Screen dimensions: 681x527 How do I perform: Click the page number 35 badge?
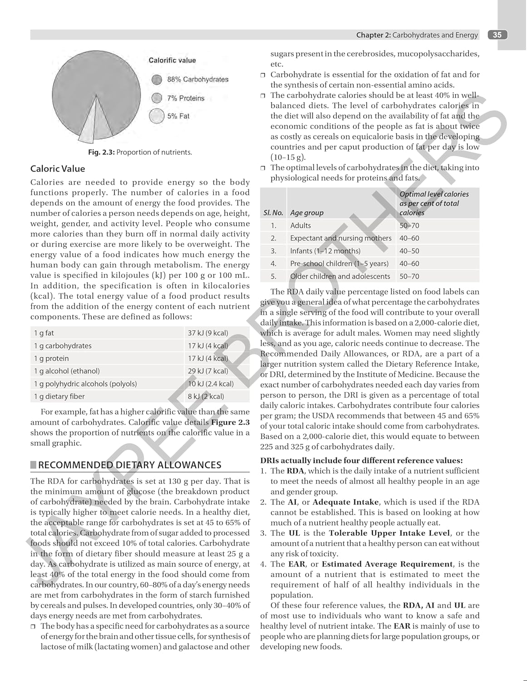click(497, 35)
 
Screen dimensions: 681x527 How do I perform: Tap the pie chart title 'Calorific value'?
click(172, 60)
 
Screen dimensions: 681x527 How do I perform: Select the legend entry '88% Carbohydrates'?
click(197, 79)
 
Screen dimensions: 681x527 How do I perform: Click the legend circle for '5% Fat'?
click(157, 116)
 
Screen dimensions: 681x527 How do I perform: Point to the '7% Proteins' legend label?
click(186, 98)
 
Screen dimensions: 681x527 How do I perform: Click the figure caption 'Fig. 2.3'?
click(101, 152)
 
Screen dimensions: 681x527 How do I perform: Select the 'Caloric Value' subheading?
click(58, 169)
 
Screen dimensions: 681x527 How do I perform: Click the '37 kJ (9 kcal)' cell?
click(208, 333)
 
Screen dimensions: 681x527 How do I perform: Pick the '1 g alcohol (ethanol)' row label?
click(67, 371)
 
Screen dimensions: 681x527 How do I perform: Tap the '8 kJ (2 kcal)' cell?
click(206, 396)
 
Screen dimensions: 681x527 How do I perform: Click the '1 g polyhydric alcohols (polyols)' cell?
click(85, 384)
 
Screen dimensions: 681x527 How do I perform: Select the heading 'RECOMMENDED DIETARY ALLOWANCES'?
click(130, 465)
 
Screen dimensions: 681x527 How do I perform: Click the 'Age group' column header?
click(307, 212)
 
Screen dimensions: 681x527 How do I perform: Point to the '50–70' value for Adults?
click(409, 226)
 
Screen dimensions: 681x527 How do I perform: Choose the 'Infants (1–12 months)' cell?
click(325, 251)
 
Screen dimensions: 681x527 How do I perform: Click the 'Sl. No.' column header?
click(273, 212)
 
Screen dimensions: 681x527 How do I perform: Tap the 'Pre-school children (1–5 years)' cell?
click(339, 264)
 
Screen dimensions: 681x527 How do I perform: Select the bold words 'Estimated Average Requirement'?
click(387, 564)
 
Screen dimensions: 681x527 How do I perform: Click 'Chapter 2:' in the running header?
click(373, 35)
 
